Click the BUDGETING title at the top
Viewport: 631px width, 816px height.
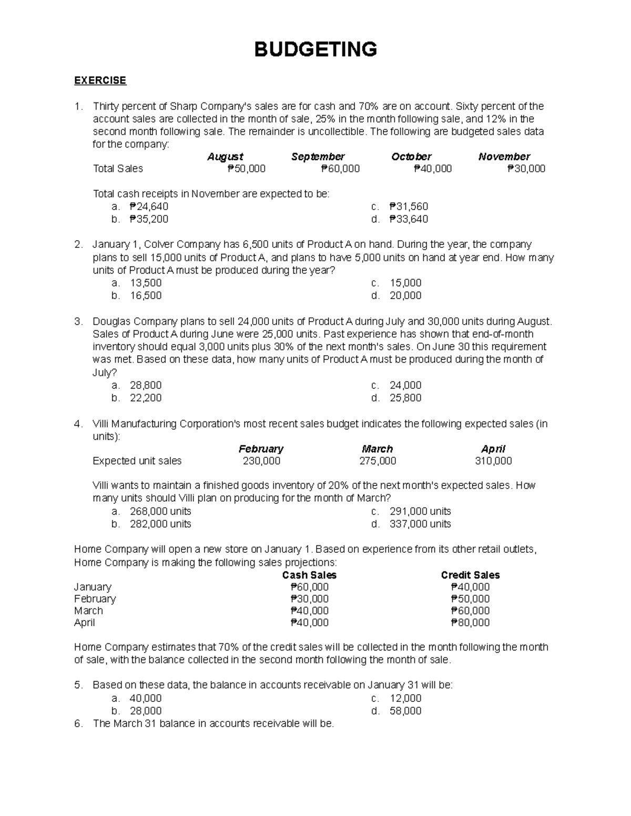(315, 49)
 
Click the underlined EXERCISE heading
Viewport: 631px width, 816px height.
(100, 80)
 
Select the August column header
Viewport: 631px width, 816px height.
(225, 157)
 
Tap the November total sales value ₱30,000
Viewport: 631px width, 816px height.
(526, 169)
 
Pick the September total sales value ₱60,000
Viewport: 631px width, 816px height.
(340, 169)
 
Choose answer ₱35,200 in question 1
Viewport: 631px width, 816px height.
(149, 219)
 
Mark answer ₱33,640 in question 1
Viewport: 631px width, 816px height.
(409, 219)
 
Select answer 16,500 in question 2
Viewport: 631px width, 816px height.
(146, 295)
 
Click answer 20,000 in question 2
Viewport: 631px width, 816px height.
(405, 295)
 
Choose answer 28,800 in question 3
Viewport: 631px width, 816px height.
(146, 385)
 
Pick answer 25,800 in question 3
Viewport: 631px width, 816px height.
(405, 398)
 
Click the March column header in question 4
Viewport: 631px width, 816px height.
(377, 449)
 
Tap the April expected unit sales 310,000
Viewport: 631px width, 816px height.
(493, 461)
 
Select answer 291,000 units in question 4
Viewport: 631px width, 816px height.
(420, 511)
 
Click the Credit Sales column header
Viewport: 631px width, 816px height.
(470, 575)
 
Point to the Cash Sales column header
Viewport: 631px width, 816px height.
(309, 575)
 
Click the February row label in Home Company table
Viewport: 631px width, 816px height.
(95, 599)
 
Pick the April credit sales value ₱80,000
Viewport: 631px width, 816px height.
(470, 623)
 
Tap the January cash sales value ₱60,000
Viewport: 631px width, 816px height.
(309, 587)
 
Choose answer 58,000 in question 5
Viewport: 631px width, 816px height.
(405, 711)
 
